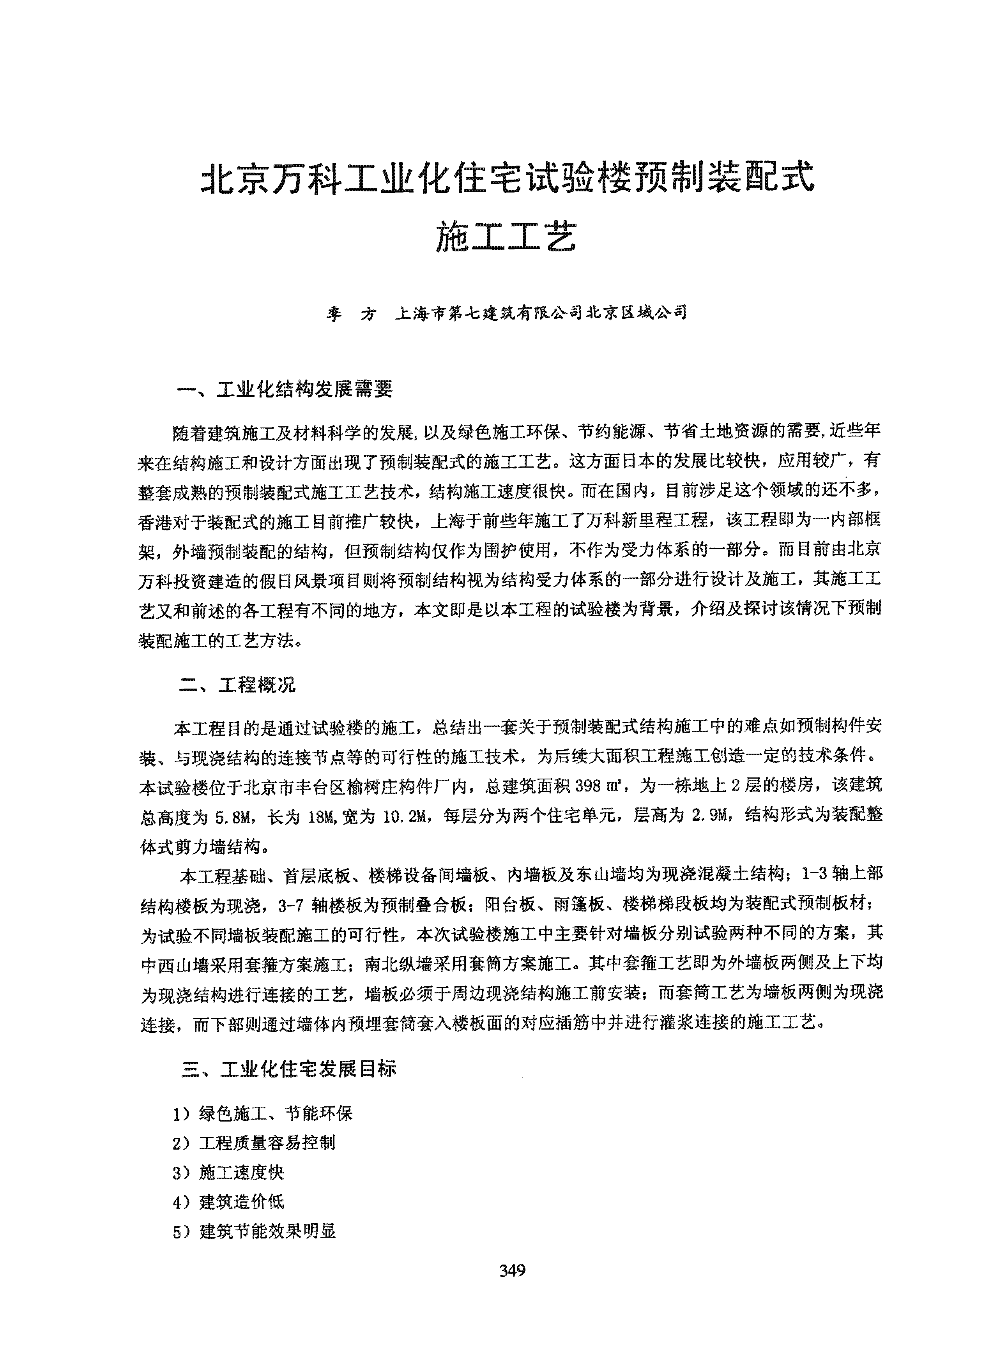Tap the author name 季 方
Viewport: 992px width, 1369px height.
351,313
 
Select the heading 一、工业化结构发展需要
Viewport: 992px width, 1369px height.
285,389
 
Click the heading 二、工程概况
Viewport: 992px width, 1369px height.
238,686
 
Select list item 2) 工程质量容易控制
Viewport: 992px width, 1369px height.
254,1143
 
